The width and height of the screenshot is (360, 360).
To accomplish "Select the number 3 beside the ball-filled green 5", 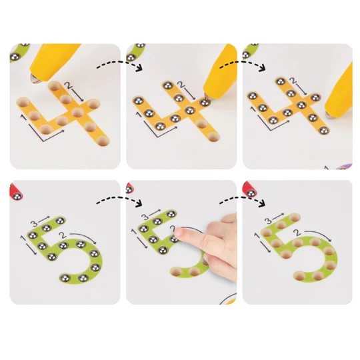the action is [34, 223].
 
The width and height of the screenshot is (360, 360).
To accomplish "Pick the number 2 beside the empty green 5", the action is [298, 233].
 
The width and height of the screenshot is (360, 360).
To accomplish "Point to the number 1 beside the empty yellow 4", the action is [23, 117].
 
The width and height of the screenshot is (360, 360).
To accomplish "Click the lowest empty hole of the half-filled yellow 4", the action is [214, 137].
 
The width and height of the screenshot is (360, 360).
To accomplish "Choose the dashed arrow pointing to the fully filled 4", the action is [243, 65].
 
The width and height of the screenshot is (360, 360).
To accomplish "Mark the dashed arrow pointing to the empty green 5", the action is [243, 201].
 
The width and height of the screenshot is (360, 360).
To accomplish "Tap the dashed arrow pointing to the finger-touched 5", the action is [119, 201].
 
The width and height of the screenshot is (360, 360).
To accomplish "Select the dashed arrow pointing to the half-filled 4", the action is [119, 65].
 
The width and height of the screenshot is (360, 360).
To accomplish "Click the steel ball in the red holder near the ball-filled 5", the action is [18, 197].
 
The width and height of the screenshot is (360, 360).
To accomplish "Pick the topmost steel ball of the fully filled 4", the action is [280, 81].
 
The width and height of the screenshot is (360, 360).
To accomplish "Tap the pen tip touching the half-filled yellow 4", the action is [207, 96].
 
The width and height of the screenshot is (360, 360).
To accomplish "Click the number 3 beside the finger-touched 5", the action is [145, 217].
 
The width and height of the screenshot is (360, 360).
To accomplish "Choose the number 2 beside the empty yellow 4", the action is [68, 85].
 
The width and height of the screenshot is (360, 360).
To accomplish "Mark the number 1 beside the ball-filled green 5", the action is [23, 239].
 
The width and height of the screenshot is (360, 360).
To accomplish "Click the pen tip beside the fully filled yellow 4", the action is [329, 114].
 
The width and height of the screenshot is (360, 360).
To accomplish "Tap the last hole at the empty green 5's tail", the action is [299, 276].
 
